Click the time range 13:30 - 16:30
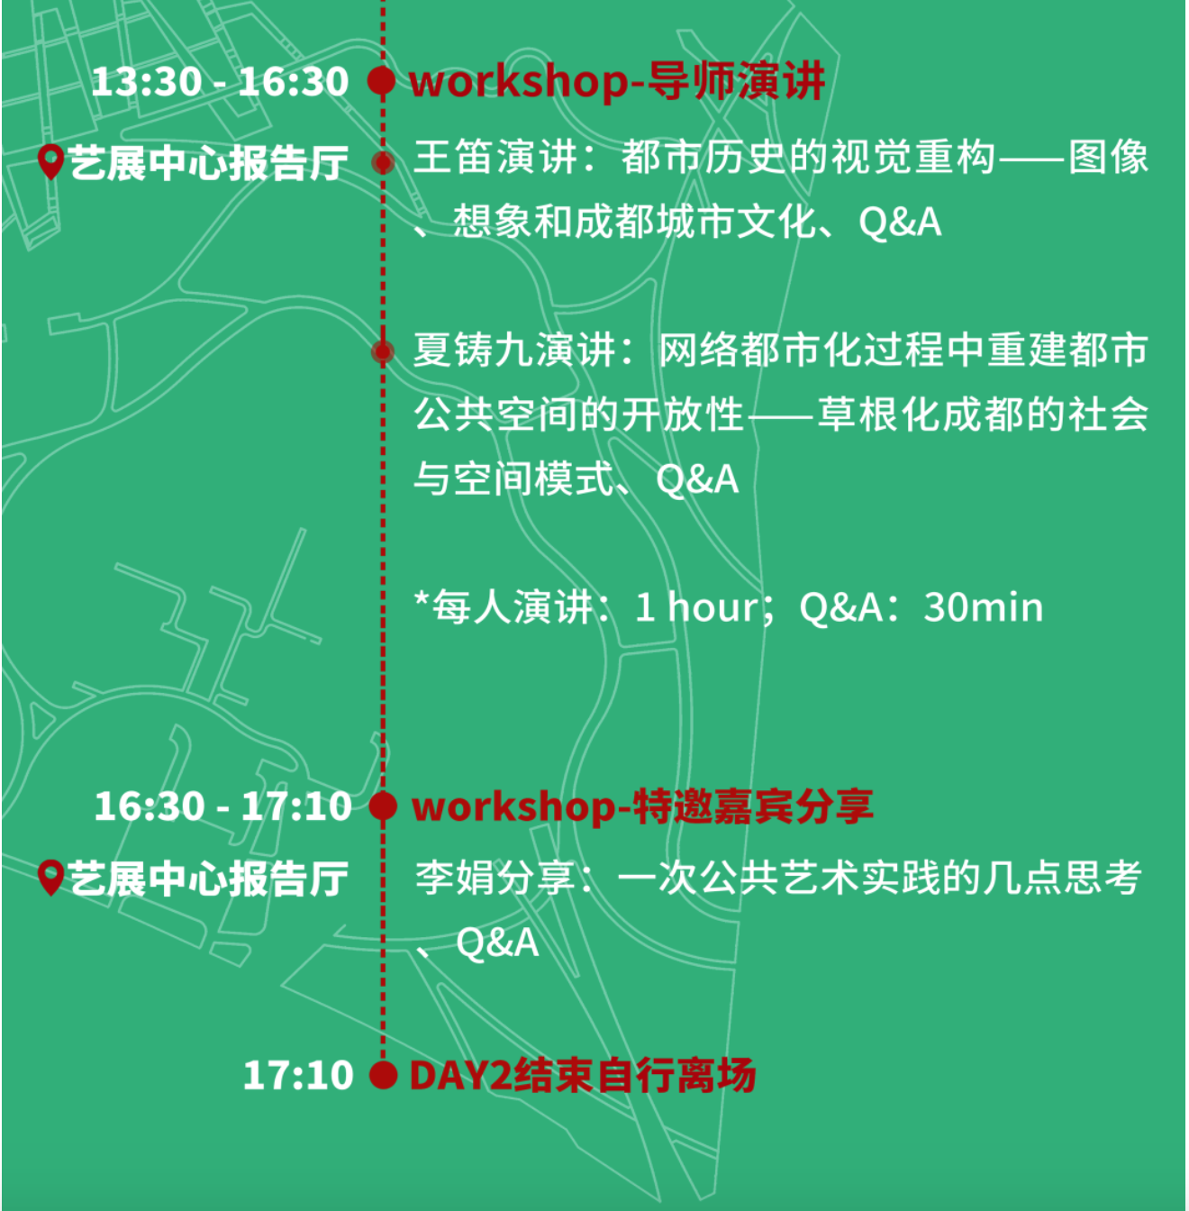pyautogui.click(x=219, y=82)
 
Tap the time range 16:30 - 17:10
pyautogui.click(x=222, y=806)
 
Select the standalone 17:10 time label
pyautogui.click(x=298, y=1075)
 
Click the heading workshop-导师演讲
pyautogui.click(x=616, y=82)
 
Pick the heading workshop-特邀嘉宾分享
pyautogui.click(x=641, y=806)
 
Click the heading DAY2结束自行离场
pyautogui.click(x=582, y=1075)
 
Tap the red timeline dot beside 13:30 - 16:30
pyautogui.click(x=381, y=81)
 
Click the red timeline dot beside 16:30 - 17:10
pyautogui.click(x=383, y=806)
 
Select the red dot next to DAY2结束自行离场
pyautogui.click(x=383, y=1075)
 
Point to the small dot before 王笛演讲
pyautogui.click(x=383, y=163)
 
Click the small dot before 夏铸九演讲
pyautogui.click(x=383, y=352)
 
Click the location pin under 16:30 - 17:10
pyautogui.click(x=50, y=878)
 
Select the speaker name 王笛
pyautogui.click(x=454, y=158)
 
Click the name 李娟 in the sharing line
pyautogui.click(x=454, y=878)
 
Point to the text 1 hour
pyautogui.click(x=697, y=607)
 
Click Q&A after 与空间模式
pyautogui.click(x=697, y=480)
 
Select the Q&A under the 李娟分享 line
pyautogui.click(x=497, y=943)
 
